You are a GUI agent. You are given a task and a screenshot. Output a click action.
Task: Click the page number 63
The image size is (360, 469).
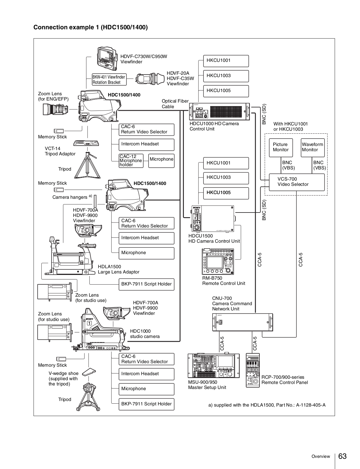point(342,456)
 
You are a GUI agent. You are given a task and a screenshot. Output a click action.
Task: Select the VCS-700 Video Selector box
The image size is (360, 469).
point(297,182)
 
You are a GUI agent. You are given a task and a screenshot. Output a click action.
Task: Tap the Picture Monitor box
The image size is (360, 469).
point(281,147)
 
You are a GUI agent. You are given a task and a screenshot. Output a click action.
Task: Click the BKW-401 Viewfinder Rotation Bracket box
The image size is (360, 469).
point(109,80)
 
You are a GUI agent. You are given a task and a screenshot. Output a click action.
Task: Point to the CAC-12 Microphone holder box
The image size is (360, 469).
point(131,161)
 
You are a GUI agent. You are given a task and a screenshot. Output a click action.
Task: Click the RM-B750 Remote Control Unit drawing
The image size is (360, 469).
point(218,261)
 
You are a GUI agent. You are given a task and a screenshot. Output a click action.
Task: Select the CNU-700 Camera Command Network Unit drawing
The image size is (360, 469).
point(242,322)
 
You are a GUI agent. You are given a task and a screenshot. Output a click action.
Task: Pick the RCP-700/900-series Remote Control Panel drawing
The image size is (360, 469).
point(253,371)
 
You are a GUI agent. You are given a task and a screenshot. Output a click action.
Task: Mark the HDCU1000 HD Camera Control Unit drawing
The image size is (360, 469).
point(219,111)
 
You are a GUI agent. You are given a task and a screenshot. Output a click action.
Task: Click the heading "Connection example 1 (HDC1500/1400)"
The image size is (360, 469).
point(91,28)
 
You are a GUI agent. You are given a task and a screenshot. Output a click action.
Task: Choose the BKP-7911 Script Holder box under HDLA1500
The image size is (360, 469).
point(146,284)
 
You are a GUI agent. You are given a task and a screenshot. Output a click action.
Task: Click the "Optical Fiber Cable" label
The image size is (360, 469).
point(175,104)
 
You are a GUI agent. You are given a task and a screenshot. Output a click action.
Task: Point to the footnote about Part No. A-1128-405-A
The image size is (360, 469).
point(267,405)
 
